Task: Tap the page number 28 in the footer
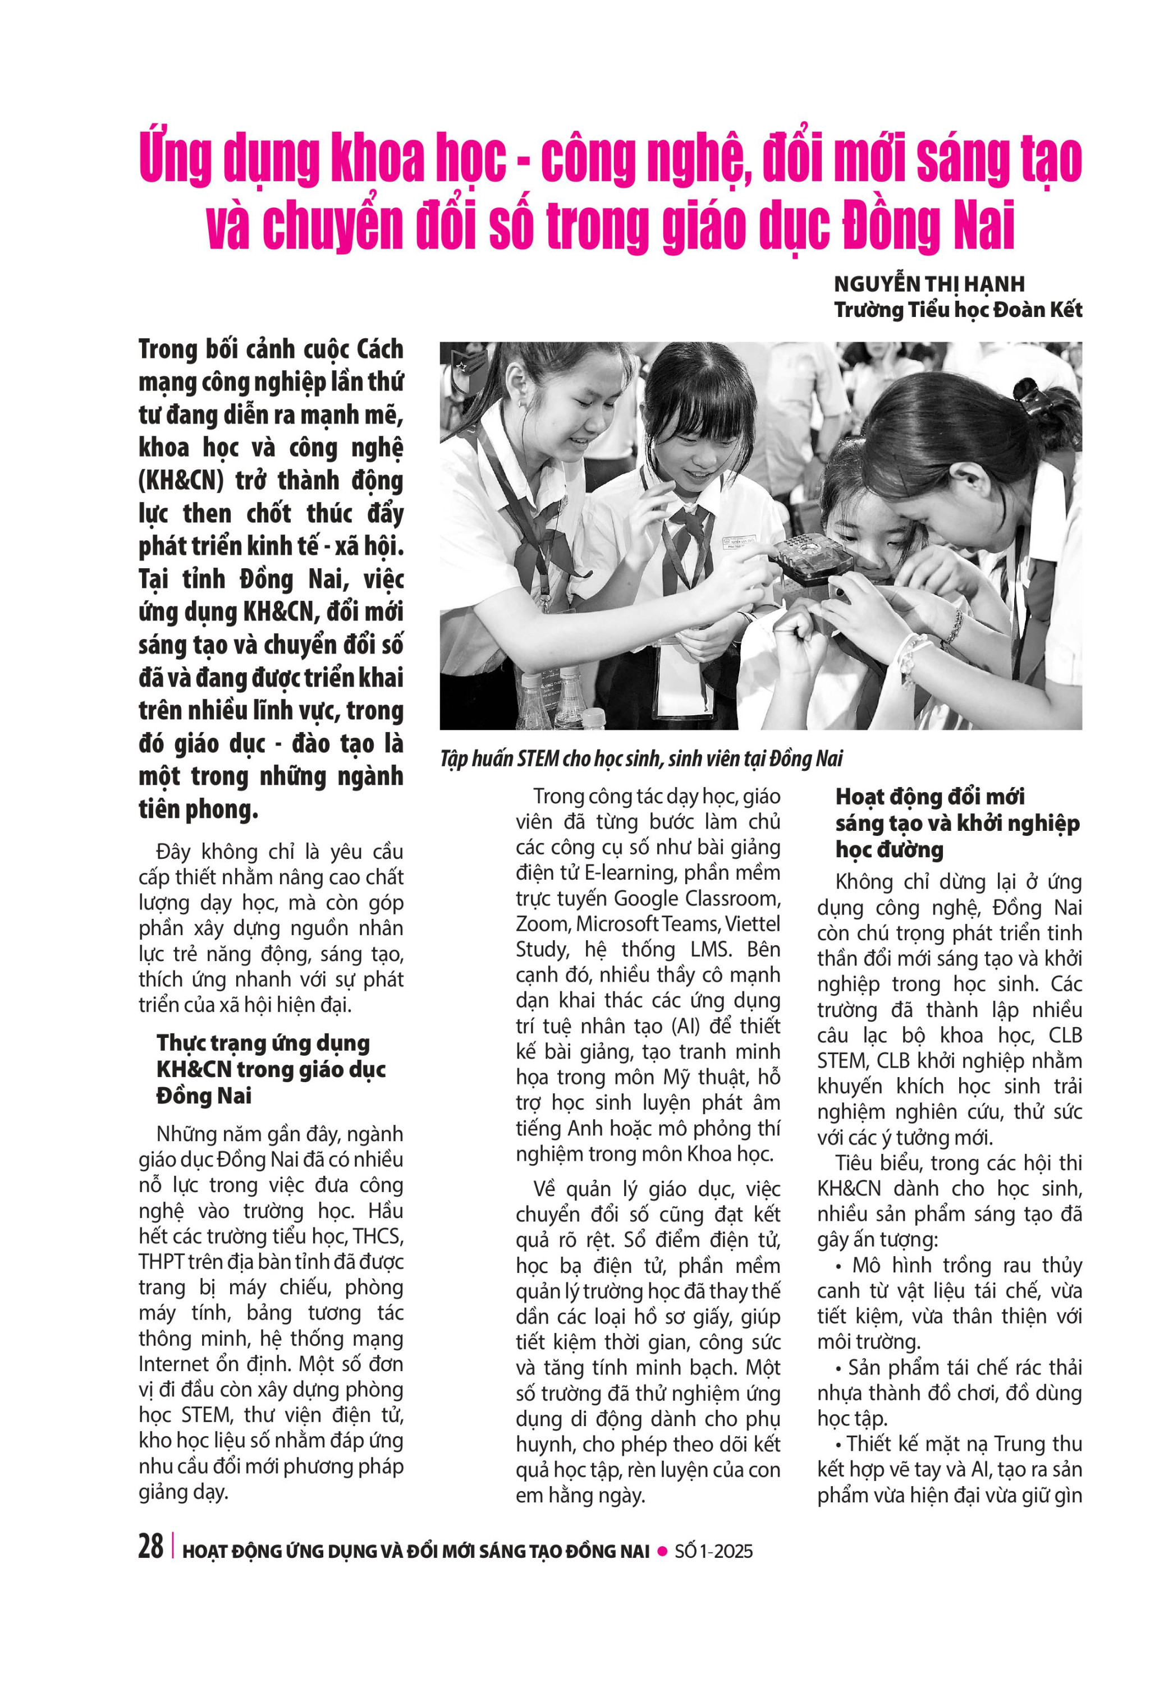tap(150, 1546)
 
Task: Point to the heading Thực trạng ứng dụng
tap(263, 1042)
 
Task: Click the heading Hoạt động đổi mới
tap(929, 796)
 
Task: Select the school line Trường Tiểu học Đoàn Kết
tap(957, 309)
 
